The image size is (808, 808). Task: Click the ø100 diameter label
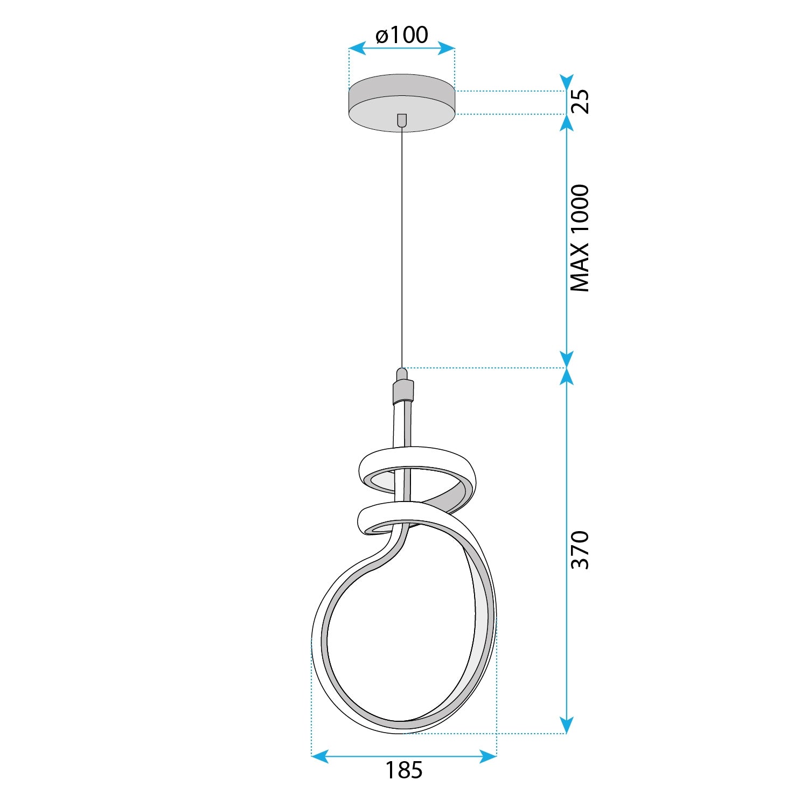coord(402,35)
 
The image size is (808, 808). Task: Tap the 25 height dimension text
coord(580,101)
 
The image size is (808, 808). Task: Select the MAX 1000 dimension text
coord(580,238)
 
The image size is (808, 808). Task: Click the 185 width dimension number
coord(403,770)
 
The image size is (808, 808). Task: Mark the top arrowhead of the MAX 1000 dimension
coord(566,123)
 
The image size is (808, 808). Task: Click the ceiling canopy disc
coord(401,102)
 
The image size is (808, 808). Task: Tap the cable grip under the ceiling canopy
coord(401,120)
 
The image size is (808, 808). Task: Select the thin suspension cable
coord(402,242)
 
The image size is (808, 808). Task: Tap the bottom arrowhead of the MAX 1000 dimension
coord(566,359)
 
